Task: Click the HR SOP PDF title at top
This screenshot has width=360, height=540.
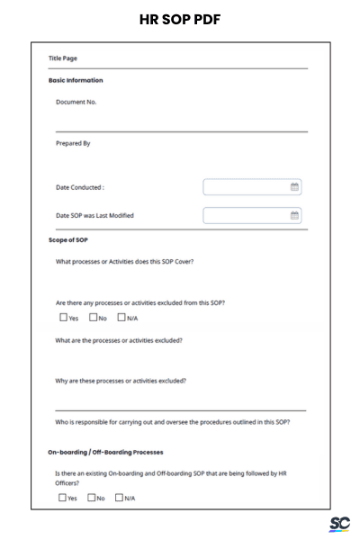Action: [180, 19]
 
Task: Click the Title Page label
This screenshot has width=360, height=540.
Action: [62, 58]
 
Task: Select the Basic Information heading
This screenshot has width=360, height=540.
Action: [75, 81]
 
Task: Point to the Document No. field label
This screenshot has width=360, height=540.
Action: [76, 102]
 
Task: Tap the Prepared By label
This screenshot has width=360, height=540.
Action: [73, 143]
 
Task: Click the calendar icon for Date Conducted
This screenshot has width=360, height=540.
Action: [294, 187]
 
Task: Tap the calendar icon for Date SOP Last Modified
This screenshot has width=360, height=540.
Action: [294, 215]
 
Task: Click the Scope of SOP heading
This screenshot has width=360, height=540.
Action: [67, 240]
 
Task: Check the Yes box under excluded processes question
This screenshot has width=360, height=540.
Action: [63, 317]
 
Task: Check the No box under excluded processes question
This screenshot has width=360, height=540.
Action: [92, 317]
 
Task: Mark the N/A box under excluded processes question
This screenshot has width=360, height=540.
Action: [121, 317]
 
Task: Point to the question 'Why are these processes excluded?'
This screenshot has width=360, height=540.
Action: [121, 381]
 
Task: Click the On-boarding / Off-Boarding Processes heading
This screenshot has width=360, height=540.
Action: [105, 451]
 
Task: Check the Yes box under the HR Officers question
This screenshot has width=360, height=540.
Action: [63, 497]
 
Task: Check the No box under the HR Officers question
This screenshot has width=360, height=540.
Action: [92, 497]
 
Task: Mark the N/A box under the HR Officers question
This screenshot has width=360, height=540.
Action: [121, 497]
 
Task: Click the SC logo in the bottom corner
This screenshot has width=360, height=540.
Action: [339, 524]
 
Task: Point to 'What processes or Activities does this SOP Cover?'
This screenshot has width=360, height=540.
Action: [124, 262]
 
